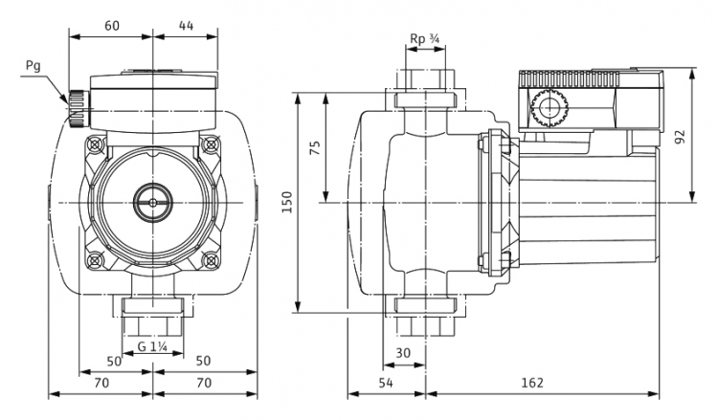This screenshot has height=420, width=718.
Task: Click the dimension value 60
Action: click(x=112, y=26)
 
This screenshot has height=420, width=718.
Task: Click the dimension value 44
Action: click(x=186, y=26)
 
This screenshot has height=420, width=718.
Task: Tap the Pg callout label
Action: click(x=33, y=67)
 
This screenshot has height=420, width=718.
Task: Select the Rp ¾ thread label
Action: click(x=425, y=39)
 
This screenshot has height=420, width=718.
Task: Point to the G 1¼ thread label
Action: click(x=152, y=346)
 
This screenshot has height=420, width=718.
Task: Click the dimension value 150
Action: click(x=287, y=202)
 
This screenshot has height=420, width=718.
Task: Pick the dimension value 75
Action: click(x=316, y=147)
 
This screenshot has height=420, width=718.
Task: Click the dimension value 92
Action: click(x=681, y=137)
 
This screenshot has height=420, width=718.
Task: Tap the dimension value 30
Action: click(x=403, y=353)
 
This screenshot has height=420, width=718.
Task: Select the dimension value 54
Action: click(x=386, y=383)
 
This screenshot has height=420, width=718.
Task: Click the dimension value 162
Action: click(x=532, y=383)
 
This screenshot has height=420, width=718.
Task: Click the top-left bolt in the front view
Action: click(x=95, y=144)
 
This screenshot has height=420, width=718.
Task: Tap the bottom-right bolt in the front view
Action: click(x=211, y=260)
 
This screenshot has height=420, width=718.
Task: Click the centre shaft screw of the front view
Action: click(x=152, y=202)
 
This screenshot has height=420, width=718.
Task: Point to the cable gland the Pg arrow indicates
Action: click(x=79, y=109)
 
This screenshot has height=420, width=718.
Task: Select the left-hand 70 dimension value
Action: click(x=101, y=383)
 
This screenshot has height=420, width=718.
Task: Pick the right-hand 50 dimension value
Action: click(x=203, y=361)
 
